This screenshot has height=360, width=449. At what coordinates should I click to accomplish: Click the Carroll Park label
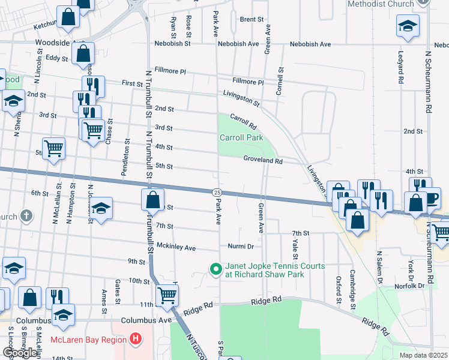[x=242, y=137]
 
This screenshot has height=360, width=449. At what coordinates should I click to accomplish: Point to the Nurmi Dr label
[x=241, y=246]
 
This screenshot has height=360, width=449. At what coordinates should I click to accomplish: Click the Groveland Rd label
[x=263, y=160]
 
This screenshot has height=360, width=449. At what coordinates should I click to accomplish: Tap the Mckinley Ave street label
[x=176, y=247]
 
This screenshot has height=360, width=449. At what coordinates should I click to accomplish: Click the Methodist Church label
[x=381, y=4]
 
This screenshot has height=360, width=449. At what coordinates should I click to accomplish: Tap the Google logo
[x=20, y=352]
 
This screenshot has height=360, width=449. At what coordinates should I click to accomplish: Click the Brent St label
[x=252, y=19]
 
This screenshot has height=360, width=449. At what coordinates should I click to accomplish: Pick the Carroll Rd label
[x=243, y=122]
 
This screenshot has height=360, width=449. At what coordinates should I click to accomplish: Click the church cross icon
[x=26, y=215]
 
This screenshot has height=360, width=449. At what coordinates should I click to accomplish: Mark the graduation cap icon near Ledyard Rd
[x=408, y=26]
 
